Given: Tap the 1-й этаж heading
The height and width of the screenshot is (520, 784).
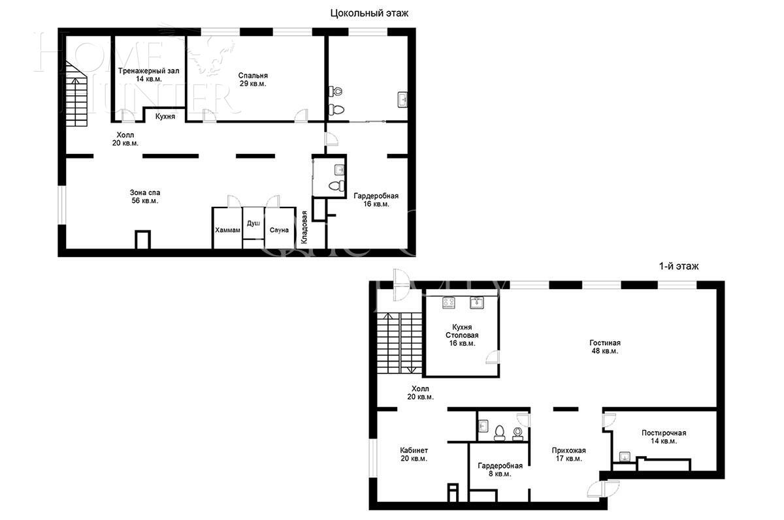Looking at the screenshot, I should (679, 266).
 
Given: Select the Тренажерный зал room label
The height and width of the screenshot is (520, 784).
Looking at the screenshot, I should (149, 74).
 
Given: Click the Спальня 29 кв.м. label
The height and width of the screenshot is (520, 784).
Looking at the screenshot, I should (253, 79).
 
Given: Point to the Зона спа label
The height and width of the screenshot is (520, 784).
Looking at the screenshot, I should (144, 196).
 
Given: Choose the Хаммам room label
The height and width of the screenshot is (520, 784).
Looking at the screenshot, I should (227, 230).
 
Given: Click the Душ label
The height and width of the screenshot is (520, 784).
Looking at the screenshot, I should (253, 223).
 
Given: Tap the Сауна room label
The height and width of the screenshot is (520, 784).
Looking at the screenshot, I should (279, 230).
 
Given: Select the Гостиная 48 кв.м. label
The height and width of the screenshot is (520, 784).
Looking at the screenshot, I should (604, 346).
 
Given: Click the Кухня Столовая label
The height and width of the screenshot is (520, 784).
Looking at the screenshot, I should (462, 335).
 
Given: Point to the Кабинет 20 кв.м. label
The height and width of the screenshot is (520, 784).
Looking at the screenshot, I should (414, 454).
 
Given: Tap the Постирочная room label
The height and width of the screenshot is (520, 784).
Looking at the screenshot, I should (663, 436).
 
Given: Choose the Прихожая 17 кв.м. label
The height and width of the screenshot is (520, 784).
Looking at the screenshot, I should (568, 454).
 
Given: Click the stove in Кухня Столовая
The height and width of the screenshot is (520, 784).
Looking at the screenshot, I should (449, 302).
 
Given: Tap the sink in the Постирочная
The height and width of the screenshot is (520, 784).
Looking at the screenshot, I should (625, 457).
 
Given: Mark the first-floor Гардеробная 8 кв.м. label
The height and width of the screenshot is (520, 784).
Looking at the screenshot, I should (500, 470).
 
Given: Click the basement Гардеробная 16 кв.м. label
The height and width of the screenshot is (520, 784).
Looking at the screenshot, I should (376, 200).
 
